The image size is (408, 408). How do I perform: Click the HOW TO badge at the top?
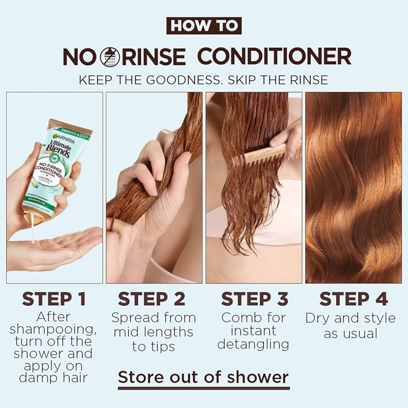pyautogui.click(x=204, y=26)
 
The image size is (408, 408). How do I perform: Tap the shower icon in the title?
pyautogui.click(x=110, y=57)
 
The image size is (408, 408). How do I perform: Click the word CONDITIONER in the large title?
pyautogui.click(x=274, y=57)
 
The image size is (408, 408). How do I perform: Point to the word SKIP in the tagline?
pyautogui.click(x=256, y=80)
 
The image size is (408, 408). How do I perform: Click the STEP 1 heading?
pyautogui.click(x=54, y=299)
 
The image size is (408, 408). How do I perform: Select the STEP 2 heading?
pyautogui.click(x=152, y=299)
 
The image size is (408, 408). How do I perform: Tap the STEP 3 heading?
pyautogui.click(x=255, y=299)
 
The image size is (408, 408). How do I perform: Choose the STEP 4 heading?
pyautogui.click(x=354, y=299)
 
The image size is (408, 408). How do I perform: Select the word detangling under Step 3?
pyautogui.click(x=253, y=344)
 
